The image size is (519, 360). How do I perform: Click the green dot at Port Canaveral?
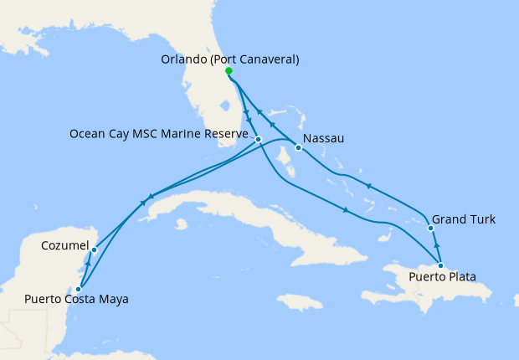click(x=229, y=72)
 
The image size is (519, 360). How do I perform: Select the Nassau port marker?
click(x=298, y=149)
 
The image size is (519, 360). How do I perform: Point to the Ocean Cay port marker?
click(x=259, y=139)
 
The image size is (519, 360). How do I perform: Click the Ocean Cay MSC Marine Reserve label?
click(x=160, y=134)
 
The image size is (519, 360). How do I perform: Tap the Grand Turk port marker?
click(x=430, y=228)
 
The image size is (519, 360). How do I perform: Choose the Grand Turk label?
click(x=464, y=219)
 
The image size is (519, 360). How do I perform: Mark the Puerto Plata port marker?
click(x=440, y=265)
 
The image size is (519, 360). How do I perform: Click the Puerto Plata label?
click(x=444, y=275)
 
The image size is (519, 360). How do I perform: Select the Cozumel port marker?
click(x=94, y=249)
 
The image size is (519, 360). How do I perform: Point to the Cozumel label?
click(x=65, y=246)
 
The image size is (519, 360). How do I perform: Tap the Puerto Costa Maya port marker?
click(x=78, y=288)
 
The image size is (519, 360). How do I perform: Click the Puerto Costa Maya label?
click(x=76, y=299)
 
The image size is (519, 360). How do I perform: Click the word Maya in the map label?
click(x=114, y=299)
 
